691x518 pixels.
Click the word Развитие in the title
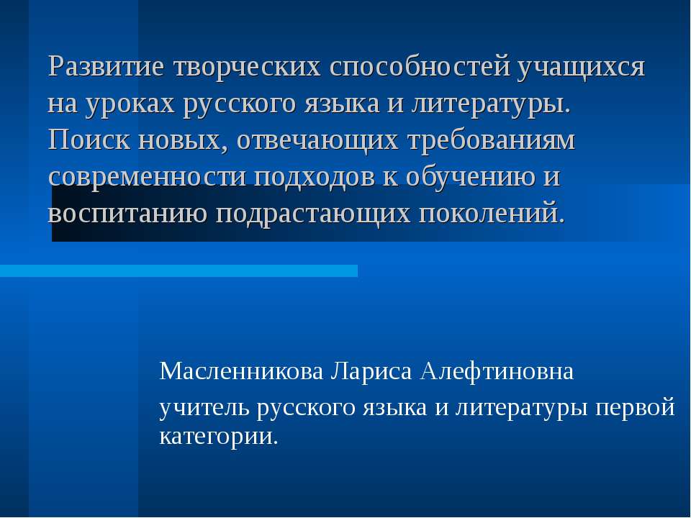(x=107, y=66)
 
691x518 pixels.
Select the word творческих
(x=247, y=66)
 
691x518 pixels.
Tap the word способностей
(x=420, y=66)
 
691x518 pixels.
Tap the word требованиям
(x=492, y=141)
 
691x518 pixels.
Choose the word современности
(x=147, y=177)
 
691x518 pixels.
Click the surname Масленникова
(x=242, y=371)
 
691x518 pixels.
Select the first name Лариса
(x=371, y=372)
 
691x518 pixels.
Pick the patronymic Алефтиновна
(x=497, y=371)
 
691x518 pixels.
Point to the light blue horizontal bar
(x=179, y=271)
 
